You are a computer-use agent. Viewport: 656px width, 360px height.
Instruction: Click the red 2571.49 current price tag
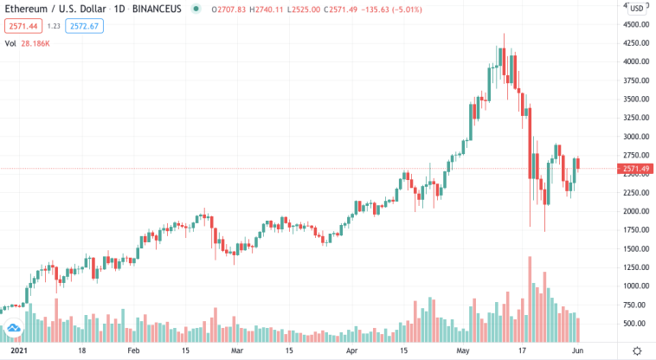[636, 169]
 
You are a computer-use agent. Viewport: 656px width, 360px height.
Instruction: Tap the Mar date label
[237, 352]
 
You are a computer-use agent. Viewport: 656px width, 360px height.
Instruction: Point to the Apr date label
[351, 352]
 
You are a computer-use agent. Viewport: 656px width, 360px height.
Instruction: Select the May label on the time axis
[463, 352]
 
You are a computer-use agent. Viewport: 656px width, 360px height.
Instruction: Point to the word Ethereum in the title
[26, 9]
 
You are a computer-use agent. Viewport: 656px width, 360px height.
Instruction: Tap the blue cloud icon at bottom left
[14, 329]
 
